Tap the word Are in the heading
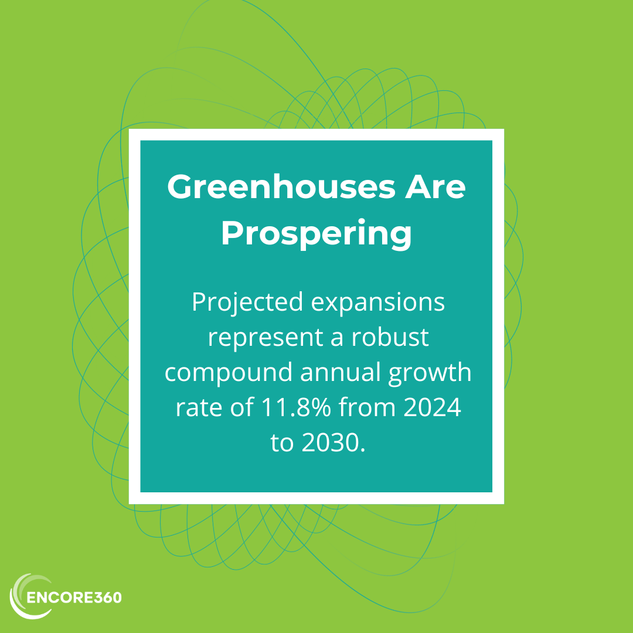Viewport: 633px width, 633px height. pyautogui.click(x=435, y=186)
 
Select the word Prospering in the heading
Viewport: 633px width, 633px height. pyautogui.click(x=316, y=233)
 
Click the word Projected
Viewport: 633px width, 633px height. pyautogui.click(x=247, y=302)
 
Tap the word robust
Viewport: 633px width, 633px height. pyautogui.click(x=390, y=336)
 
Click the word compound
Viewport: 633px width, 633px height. pyautogui.click(x=229, y=373)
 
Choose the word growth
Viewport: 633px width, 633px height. pyautogui.click(x=430, y=373)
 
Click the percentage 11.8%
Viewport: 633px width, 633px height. pyautogui.click(x=297, y=407)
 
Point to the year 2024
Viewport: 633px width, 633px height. pyautogui.click(x=433, y=407)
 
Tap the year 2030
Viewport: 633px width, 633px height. pyautogui.click(x=333, y=443)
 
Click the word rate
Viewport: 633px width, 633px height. pyautogui.click(x=199, y=408)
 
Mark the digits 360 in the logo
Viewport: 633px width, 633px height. pyautogui.click(x=108, y=597)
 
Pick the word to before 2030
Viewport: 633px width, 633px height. pyautogui.click(x=282, y=443)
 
